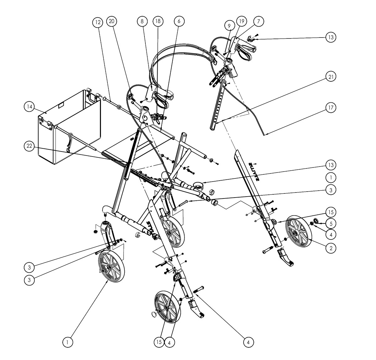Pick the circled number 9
click(x=229, y=25)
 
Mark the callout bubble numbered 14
click(x=29, y=106)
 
